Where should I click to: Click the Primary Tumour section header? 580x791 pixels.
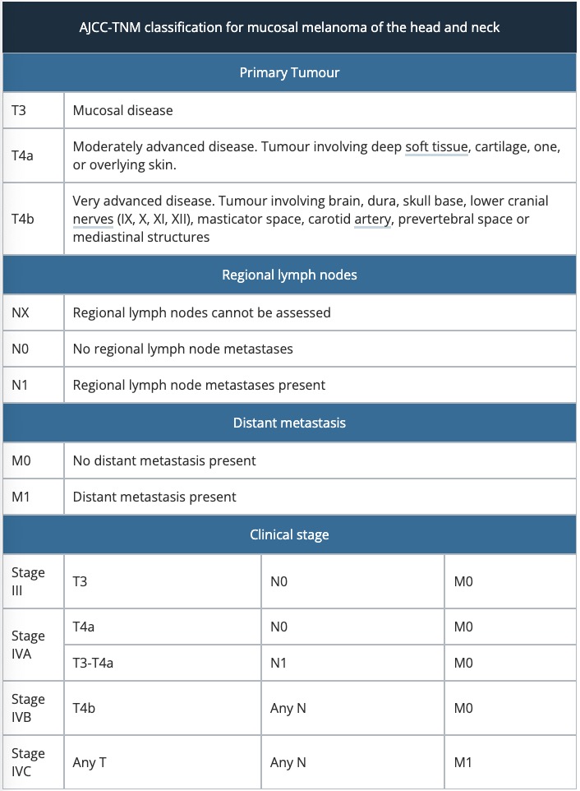click(x=289, y=72)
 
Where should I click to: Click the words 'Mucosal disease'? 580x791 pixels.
click(x=122, y=109)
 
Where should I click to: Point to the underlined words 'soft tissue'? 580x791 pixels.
click(x=436, y=147)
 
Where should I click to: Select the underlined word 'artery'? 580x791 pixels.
click(x=372, y=220)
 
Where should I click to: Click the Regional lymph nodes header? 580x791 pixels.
click(x=289, y=275)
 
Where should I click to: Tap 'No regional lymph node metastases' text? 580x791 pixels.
click(x=182, y=349)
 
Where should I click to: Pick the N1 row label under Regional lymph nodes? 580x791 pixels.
click(x=21, y=385)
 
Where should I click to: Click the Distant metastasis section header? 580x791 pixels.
click(x=289, y=423)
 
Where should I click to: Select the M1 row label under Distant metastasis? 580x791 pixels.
click(x=22, y=497)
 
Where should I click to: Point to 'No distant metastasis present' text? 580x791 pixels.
click(x=164, y=460)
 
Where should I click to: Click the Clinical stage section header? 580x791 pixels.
click(x=289, y=534)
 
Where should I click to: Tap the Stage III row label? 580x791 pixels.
click(x=28, y=581)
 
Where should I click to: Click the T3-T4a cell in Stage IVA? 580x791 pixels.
click(x=93, y=664)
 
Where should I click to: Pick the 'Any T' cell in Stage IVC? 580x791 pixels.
click(x=90, y=762)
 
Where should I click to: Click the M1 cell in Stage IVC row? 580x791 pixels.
click(x=464, y=762)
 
